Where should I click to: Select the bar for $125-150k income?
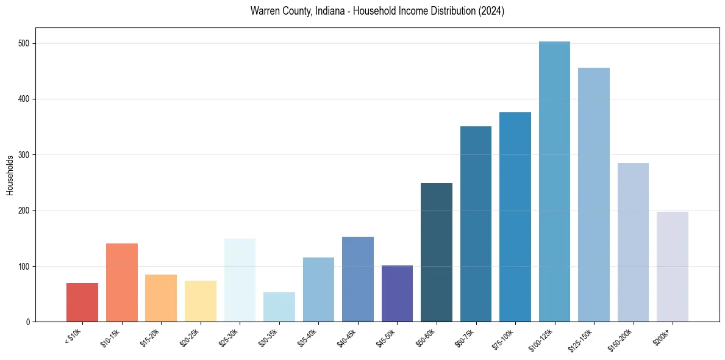coord(593,195)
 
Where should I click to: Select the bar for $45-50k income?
coord(397,293)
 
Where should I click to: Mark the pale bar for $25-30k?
coord(240,280)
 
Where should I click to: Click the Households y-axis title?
coord(10,175)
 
